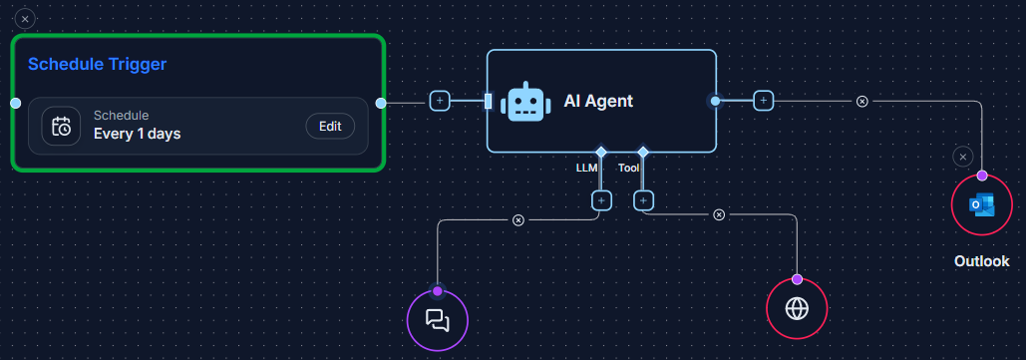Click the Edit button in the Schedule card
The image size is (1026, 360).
[329, 127]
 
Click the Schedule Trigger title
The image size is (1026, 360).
[97, 64]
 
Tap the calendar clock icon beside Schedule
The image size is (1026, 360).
[61, 127]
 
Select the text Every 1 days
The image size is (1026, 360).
[137, 134]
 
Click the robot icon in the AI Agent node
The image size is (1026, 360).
[524, 102]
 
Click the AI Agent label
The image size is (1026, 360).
[598, 101]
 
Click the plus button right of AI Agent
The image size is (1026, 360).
[763, 101]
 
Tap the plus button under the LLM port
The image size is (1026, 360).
[601, 200]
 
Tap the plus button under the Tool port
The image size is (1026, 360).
[643, 200]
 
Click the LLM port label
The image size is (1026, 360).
[586, 169]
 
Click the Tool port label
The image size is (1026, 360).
[629, 169]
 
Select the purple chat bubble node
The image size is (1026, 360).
[437, 320]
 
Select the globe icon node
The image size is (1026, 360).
[797, 308]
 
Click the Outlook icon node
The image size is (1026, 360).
[982, 204]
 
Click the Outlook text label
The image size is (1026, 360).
[981, 261]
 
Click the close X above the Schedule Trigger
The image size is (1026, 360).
[26, 18]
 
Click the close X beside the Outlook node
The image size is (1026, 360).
[961, 157]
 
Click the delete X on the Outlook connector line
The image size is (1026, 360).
[862, 101]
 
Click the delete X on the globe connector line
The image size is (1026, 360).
[719, 214]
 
